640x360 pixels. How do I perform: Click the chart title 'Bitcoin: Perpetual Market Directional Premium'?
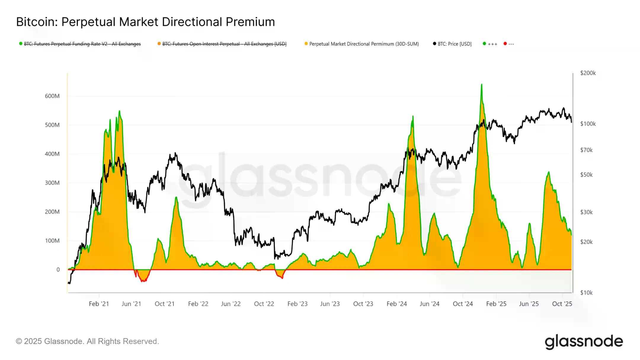coord(145,22)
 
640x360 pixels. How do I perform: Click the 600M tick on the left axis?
coord(52,96)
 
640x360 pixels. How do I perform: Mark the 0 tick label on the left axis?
coord(58,270)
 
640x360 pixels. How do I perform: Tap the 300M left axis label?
coord(52,183)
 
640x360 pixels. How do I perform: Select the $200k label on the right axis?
coord(588,73)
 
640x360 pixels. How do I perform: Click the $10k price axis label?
coord(586,293)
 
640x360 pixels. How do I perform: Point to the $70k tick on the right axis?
coord(586,150)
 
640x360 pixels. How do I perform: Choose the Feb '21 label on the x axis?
coord(99,304)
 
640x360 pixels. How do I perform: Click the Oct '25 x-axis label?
coord(562,304)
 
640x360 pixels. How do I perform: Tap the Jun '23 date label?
coord(330,304)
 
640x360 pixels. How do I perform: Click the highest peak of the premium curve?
coord(481,85)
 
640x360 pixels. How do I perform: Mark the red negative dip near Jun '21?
coord(143,280)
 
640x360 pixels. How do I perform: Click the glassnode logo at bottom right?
coord(584,342)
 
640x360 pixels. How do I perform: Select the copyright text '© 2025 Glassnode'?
coord(87,341)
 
